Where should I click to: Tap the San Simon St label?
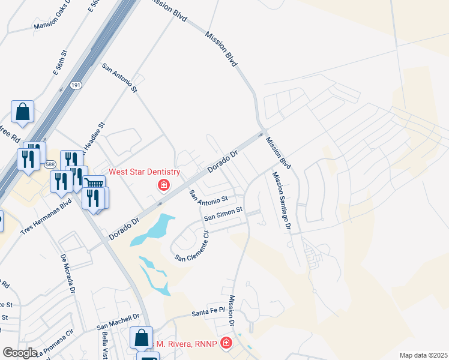tap(223, 214)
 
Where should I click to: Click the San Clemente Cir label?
tap(193, 247)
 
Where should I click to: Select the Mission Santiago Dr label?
tap(281, 201)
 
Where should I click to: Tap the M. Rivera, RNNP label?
tap(188, 343)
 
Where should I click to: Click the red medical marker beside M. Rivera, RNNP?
tap(226, 343)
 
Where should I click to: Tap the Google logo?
tap(20, 353)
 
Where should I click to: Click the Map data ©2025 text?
tap(423, 355)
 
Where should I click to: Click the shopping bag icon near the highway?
tap(22, 112)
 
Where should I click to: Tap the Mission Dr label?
tap(232, 310)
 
